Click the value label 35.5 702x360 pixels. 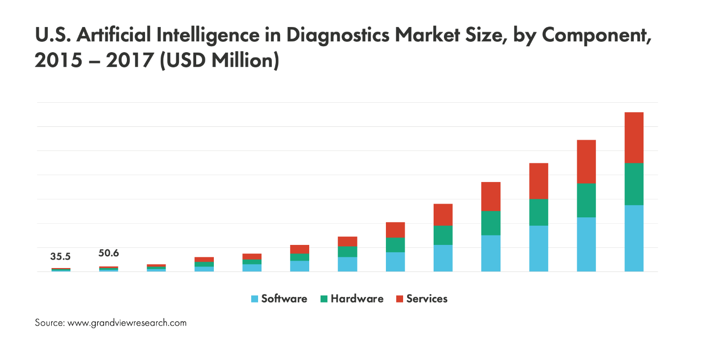tap(61, 257)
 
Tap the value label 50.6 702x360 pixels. tap(109, 253)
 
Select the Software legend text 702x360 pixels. tap(284, 299)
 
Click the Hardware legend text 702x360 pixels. tap(357, 299)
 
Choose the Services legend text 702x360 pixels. tap(427, 299)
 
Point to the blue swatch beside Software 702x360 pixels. tap(255, 299)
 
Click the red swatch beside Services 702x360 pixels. tap(399, 299)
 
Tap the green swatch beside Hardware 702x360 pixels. tap(324, 299)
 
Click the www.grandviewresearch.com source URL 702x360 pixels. tap(127, 323)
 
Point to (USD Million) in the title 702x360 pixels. tap(219, 61)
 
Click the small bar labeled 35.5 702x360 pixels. tap(61, 270)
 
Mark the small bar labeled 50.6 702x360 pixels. tap(109, 269)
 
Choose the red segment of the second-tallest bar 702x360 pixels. tap(586, 162)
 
